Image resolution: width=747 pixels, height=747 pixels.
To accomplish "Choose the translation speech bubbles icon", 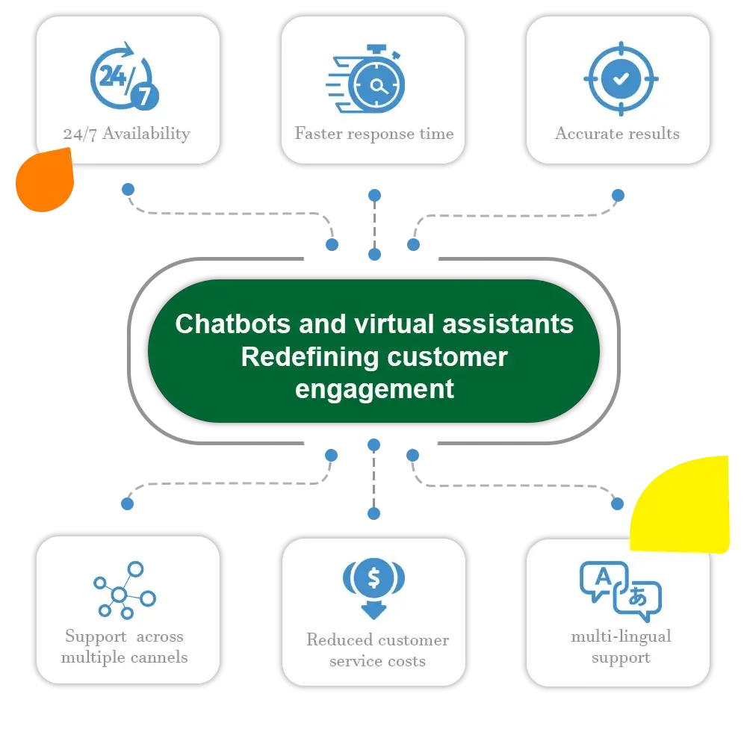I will (621, 590).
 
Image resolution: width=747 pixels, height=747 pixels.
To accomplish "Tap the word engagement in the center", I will (374, 389).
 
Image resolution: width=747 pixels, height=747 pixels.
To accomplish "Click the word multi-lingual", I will (621, 637).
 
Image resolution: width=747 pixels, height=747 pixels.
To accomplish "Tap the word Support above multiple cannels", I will (96, 637).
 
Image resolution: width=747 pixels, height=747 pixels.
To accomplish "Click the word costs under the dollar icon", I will (406, 661).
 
